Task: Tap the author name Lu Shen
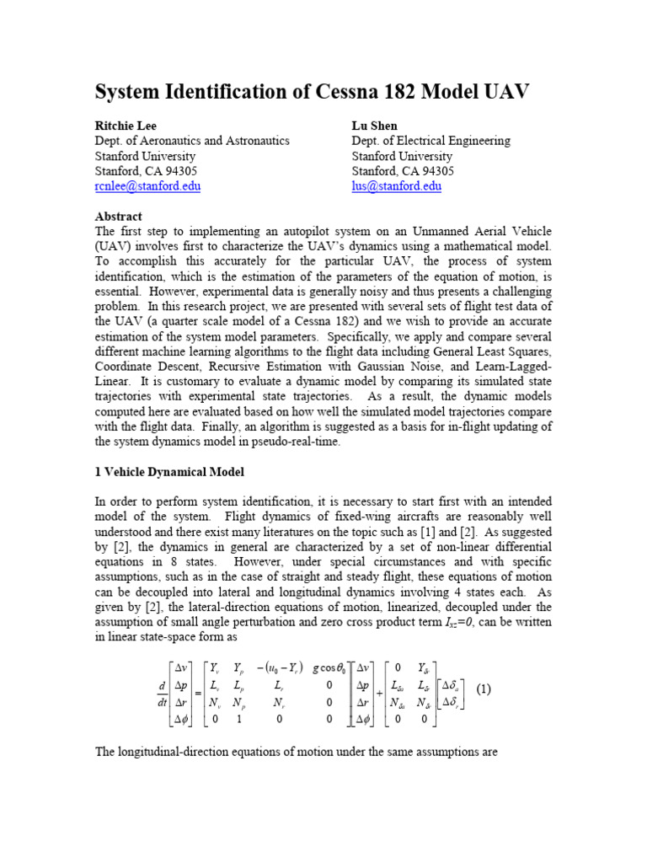(x=376, y=125)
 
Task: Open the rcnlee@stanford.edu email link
(x=147, y=186)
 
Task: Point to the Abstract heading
(x=119, y=217)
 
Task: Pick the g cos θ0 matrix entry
(x=318, y=648)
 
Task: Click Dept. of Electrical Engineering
(x=430, y=141)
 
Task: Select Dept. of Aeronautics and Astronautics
(x=192, y=141)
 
